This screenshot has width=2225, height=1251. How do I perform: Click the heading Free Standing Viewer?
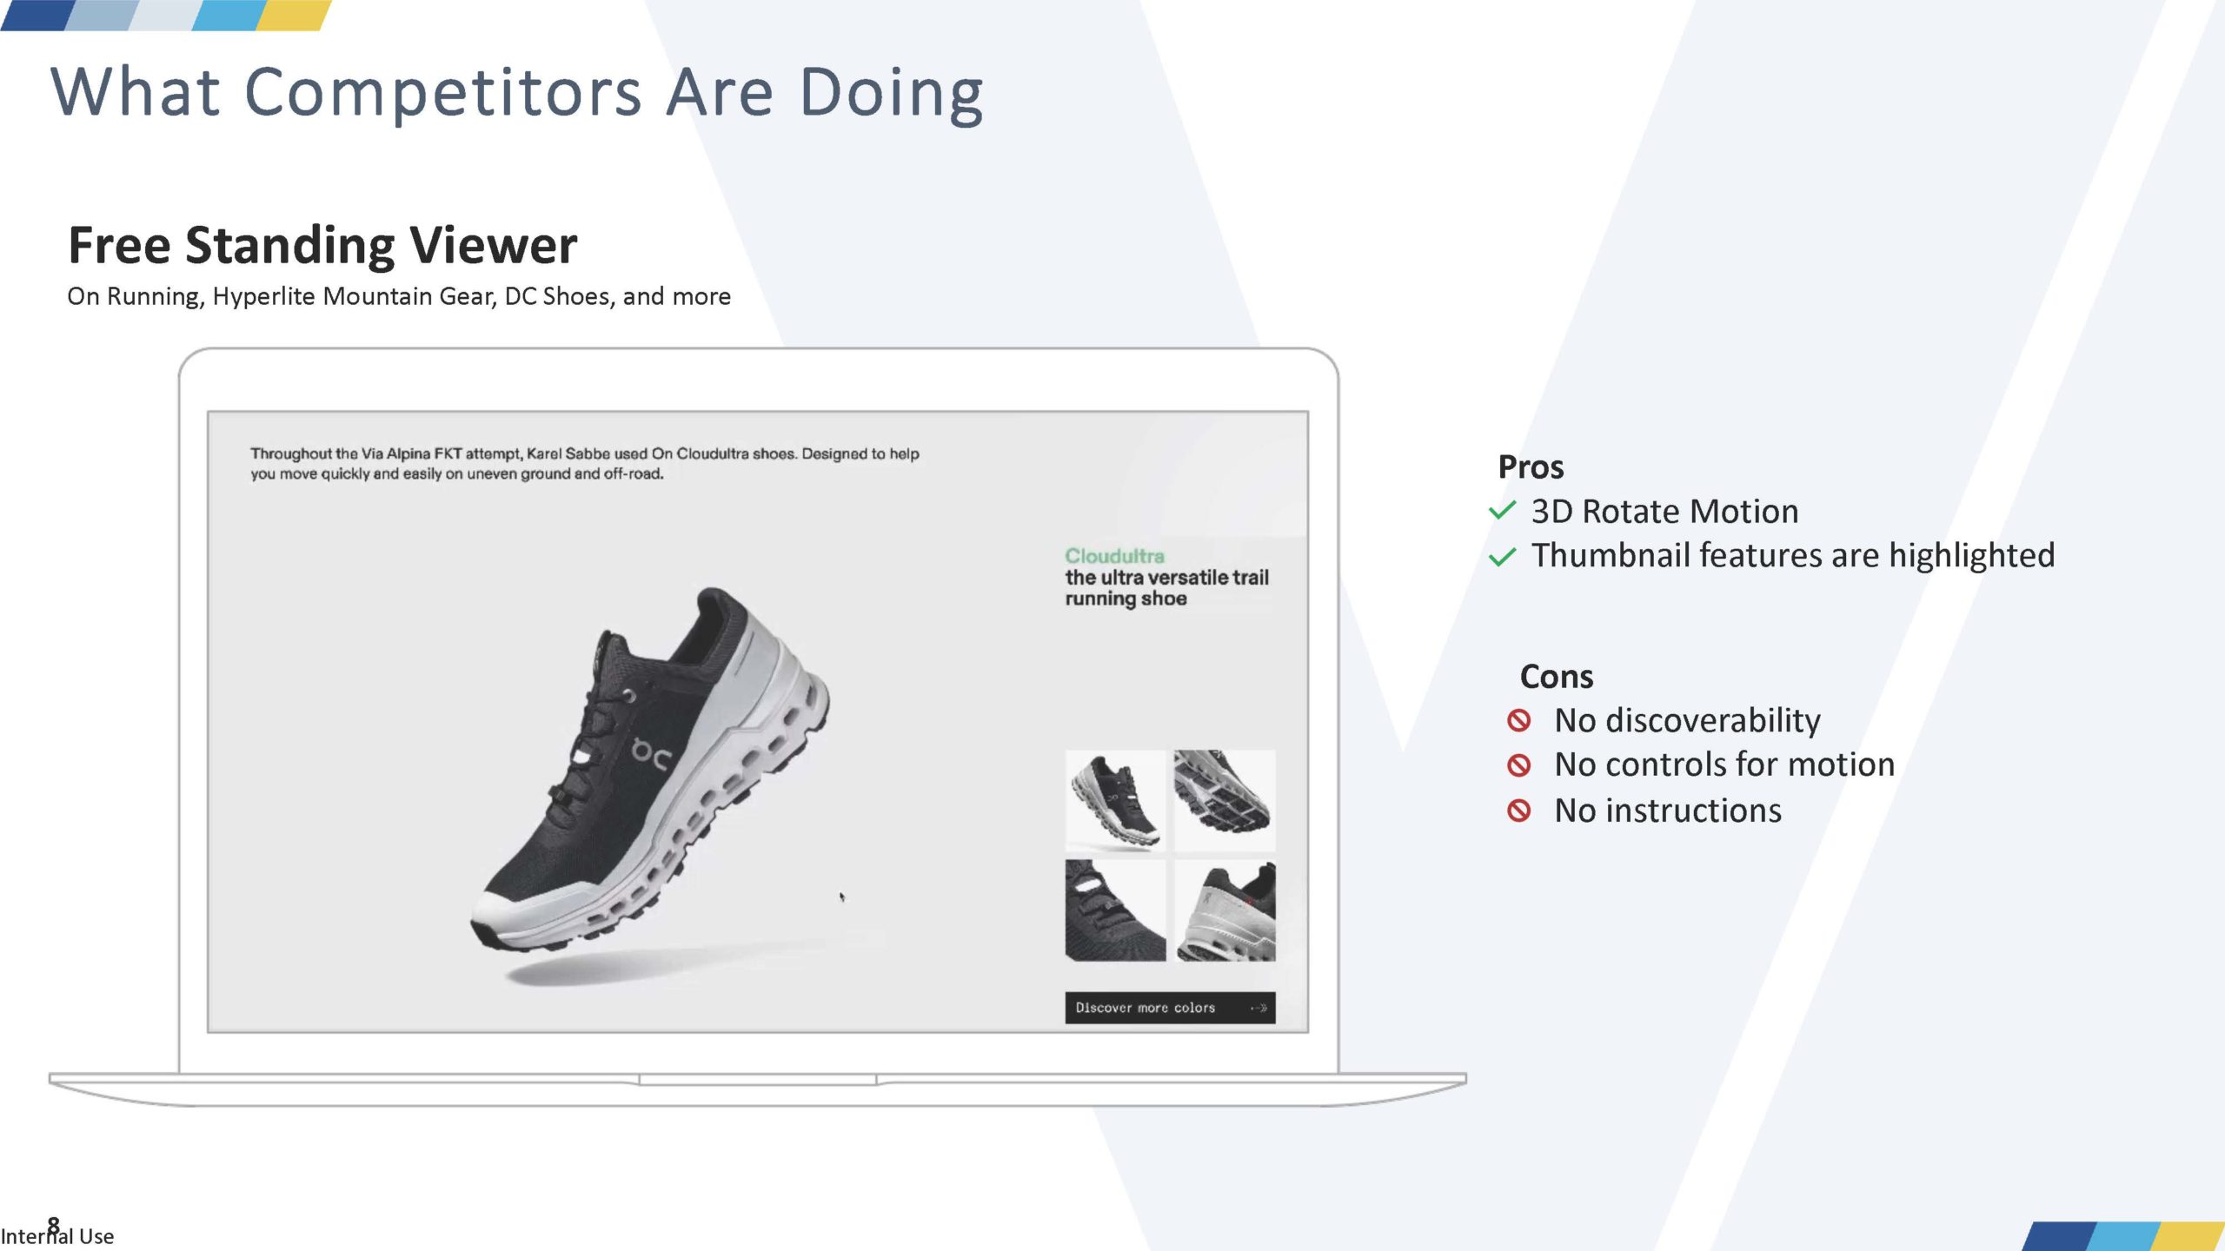(x=322, y=245)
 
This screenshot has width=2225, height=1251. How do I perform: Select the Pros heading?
(x=1531, y=467)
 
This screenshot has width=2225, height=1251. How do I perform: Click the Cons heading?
(x=1557, y=677)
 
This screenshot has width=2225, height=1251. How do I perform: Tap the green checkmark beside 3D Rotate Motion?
(x=1503, y=511)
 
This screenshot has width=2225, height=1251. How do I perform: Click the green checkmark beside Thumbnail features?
(x=1503, y=556)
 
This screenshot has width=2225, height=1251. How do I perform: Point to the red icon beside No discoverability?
(x=1518, y=720)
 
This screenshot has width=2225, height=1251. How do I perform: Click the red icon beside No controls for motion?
(x=1518, y=764)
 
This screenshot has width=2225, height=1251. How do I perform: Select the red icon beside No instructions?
(x=1518, y=811)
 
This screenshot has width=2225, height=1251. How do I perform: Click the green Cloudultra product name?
(x=1114, y=556)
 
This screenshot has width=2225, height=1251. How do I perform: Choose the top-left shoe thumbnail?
(x=1115, y=800)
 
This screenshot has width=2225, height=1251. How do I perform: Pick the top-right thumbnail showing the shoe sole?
(x=1225, y=800)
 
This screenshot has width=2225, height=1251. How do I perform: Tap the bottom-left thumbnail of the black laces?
(x=1115, y=910)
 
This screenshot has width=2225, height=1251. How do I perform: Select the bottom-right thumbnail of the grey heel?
(x=1225, y=910)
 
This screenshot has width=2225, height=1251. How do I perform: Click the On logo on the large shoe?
(x=650, y=754)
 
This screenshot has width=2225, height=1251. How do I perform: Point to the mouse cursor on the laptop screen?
(x=841, y=897)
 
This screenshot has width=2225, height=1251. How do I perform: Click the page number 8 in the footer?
(x=54, y=1225)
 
